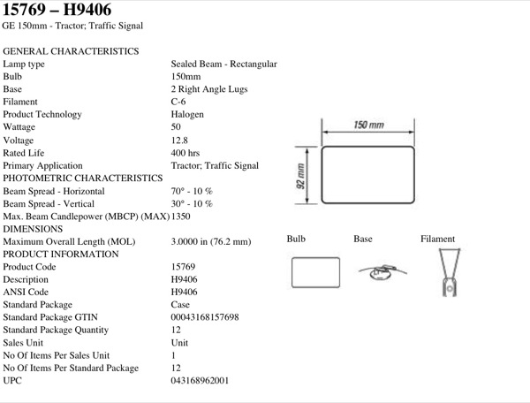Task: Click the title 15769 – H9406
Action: tap(57, 10)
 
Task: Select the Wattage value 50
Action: tap(176, 126)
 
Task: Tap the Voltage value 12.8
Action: tap(179, 140)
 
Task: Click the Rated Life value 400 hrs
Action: tap(185, 153)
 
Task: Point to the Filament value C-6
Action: tap(178, 102)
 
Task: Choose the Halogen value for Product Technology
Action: tap(187, 115)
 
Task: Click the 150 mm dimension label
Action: tap(368, 125)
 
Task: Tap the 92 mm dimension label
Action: tap(300, 176)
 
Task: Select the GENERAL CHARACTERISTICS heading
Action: tap(71, 51)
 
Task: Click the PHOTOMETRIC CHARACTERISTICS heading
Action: tap(83, 178)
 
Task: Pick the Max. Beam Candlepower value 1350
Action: tap(180, 217)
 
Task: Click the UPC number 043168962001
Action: tap(200, 380)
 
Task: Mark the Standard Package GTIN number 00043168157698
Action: tap(205, 317)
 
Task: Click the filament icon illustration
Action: tap(450, 272)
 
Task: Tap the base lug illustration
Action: tap(382, 271)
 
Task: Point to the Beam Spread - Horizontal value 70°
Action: tap(178, 191)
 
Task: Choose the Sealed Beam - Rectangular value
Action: tap(223, 64)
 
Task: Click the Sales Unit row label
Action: tap(23, 343)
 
